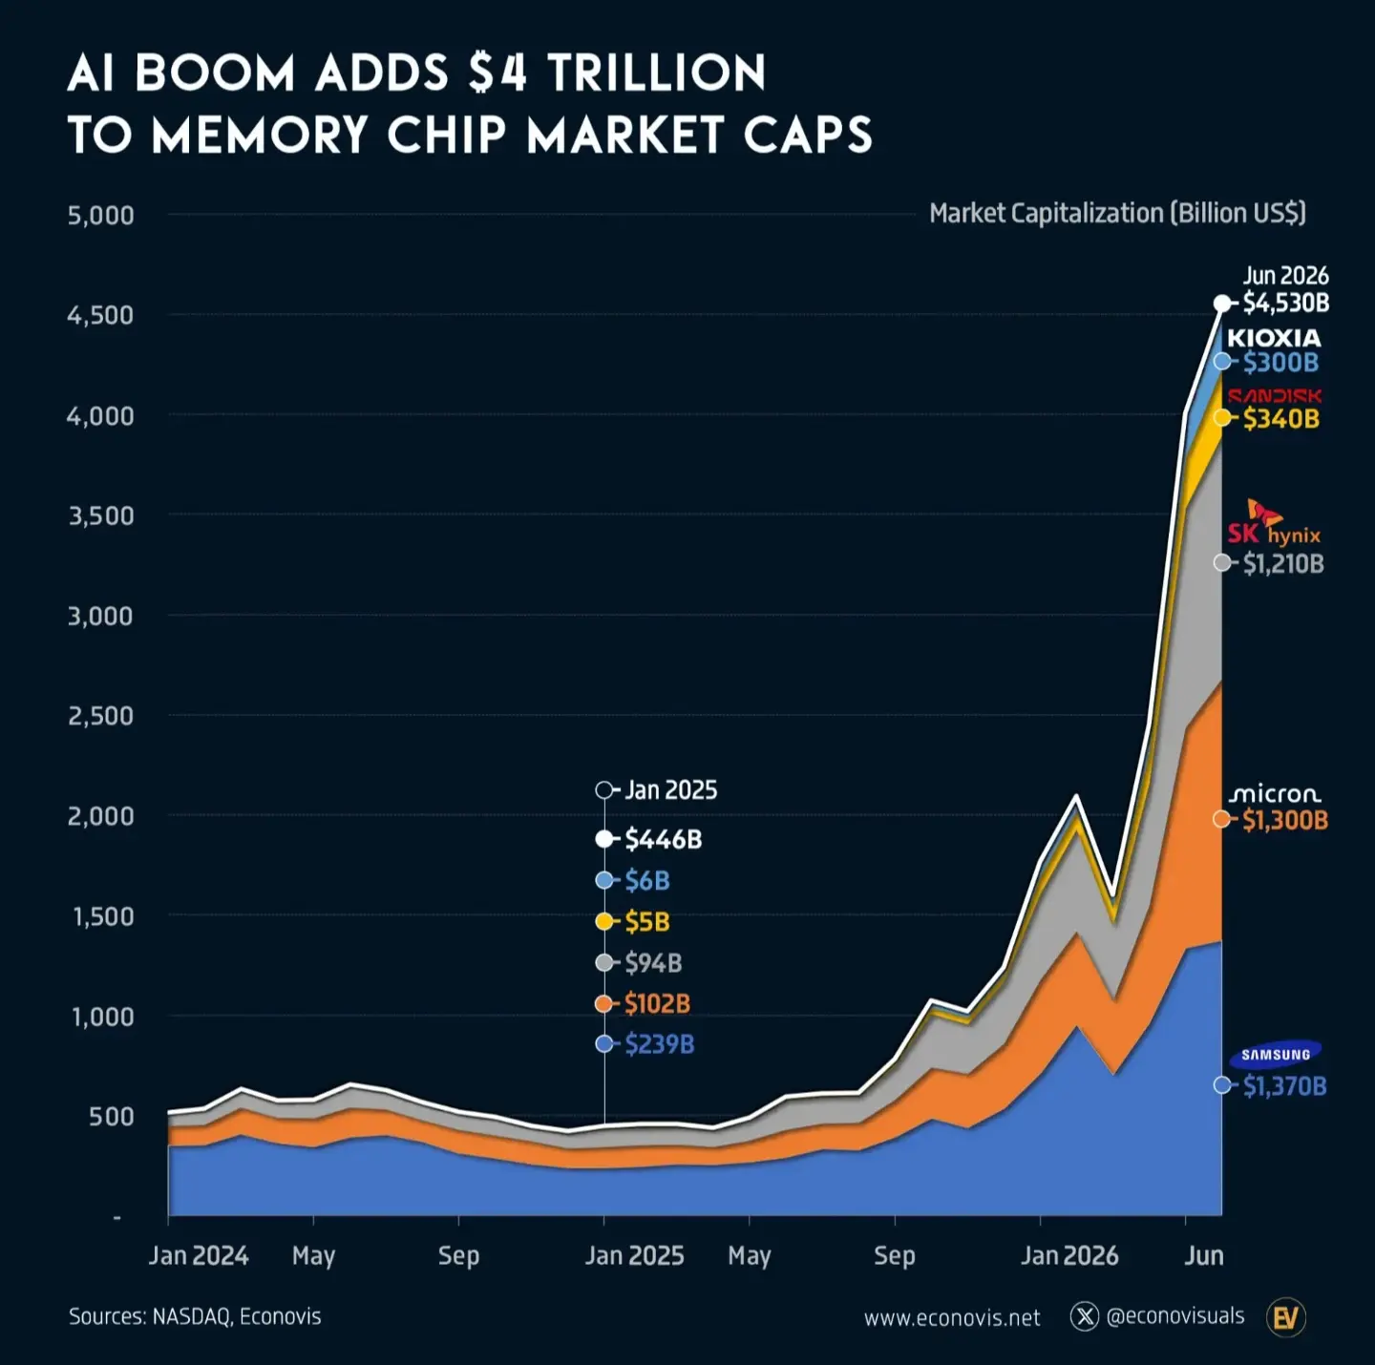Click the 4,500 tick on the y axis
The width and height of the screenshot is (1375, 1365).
tap(100, 315)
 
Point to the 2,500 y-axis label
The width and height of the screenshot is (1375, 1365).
tap(100, 716)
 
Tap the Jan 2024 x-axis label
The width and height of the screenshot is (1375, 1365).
tap(199, 1256)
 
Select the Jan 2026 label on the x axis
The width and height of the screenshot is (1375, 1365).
tap(1068, 1256)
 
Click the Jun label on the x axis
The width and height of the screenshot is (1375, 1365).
tap(1204, 1256)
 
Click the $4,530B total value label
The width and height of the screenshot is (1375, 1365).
tap(1286, 304)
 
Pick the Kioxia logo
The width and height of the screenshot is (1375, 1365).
tap(1274, 338)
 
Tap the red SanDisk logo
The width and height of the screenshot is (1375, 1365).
tap(1275, 395)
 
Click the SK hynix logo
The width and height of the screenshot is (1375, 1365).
tap(1274, 523)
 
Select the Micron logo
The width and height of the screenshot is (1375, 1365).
tap(1275, 793)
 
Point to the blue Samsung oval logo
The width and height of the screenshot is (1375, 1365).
tap(1275, 1054)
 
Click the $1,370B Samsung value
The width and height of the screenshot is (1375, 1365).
tap(1284, 1086)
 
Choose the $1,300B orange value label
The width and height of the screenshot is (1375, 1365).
tap(1285, 820)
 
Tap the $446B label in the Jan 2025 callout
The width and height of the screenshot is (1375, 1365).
tap(663, 839)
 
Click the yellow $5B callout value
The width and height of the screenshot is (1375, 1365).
tap(647, 922)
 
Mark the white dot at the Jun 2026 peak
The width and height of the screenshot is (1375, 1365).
tap(1222, 304)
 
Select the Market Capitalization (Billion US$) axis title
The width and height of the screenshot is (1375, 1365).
tap(1117, 214)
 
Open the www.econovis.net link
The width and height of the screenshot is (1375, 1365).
tap(952, 1317)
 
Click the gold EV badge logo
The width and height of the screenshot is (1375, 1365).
tap(1286, 1317)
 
